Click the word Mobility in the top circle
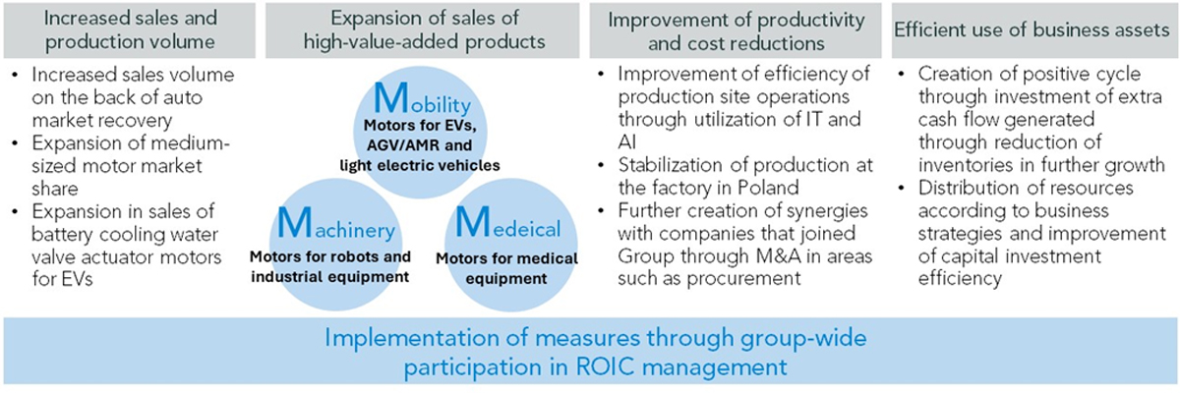pyautogui.click(x=422, y=98)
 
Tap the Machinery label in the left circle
pyautogui.click(x=335, y=225)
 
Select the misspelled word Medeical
pyautogui.click(x=507, y=224)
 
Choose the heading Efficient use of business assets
pyautogui.click(x=1032, y=30)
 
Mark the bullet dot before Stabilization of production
pyautogui.click(x=602, y=166)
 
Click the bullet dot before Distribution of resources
pyautogui.click(x=902, y=189)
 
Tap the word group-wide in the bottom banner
pyautogui.click(x=803, y=338)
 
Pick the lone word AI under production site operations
pyautogui.click(x=627, y=142)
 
